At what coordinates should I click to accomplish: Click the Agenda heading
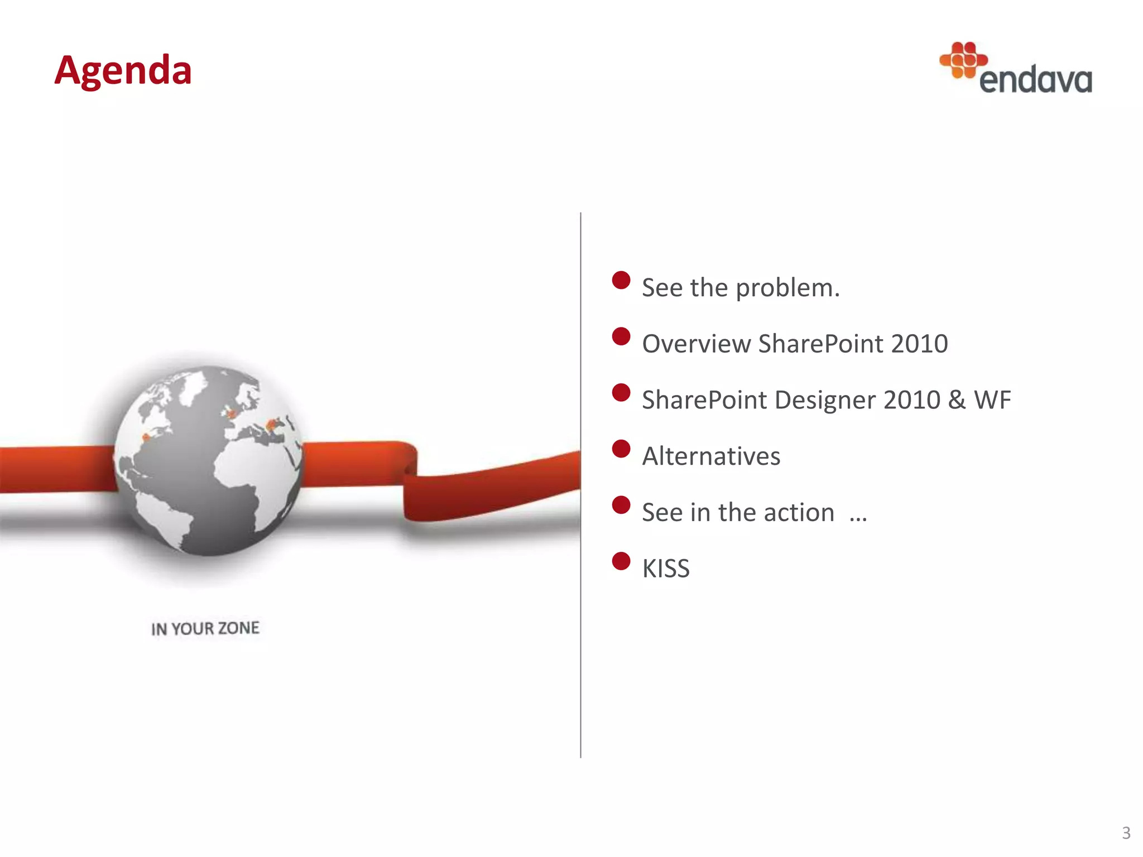point(123,71)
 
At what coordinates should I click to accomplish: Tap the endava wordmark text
point(1035,80)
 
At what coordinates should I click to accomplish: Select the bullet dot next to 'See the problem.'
point(621,280)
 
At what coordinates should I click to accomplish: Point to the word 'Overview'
point(696,344)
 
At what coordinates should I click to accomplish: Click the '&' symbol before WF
point(956,400)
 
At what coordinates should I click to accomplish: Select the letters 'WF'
point(992,400)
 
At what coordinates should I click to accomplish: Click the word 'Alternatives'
point(711,456)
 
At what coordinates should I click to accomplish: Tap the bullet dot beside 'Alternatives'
point(621,449)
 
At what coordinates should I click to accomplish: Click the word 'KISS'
point(666,569)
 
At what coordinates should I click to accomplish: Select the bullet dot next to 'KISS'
point(621,561)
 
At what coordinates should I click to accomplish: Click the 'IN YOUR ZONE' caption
point(205,628)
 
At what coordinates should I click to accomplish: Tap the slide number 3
point(1126,833)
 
